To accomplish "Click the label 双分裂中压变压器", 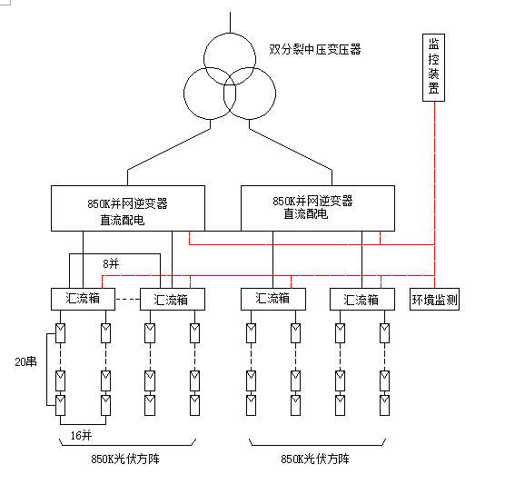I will click(x=315, y=49).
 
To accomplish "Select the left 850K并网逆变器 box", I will click(x=135, y=208).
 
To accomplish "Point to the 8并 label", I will click(x=111, y=263).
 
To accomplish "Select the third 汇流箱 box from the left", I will click(x=272, y=299).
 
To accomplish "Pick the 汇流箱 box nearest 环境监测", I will click(x=361, y=299).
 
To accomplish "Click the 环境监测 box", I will click(x=435, y=299).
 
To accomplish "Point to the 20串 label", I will click(x=26, y=361).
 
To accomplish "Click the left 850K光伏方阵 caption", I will click(x=124, y=460).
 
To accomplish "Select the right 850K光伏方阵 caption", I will click(x=315, y=460).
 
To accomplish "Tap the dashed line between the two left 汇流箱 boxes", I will click(x=126, y=299).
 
